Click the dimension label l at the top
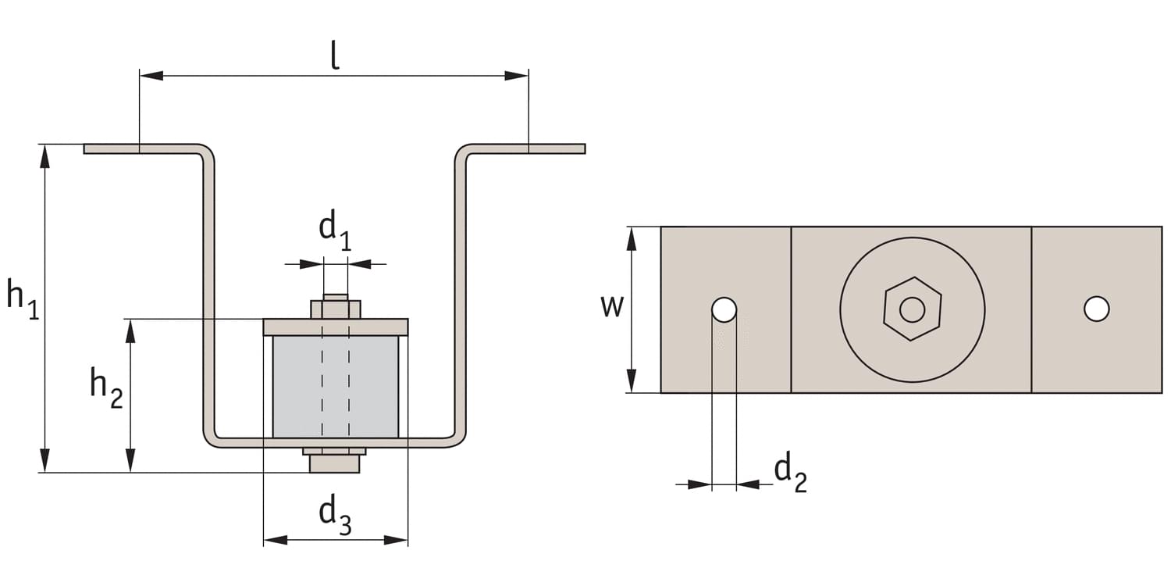click(x=334, y=55)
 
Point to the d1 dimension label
click(x=334, y=230)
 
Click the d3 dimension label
click(x=335, y=515)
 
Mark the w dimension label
click(x=612, y=306)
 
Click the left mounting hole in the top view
click(x=724, y=309)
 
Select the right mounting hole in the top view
click(x=1096, y=309)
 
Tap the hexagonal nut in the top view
click(x=912, y=309)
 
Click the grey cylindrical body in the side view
click(x=335, y=387)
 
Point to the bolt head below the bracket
click(x=334, y=464)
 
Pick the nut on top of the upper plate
click(x=336, y=308)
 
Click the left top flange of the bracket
click(x=141, y=148)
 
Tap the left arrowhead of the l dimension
click(x=151, y=76)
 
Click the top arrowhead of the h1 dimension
click(x=45, y=156)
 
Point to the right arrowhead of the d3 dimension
click(x=397, y=540)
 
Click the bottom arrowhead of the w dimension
click(x=632, y=381)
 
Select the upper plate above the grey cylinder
click(x=335, y=327)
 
